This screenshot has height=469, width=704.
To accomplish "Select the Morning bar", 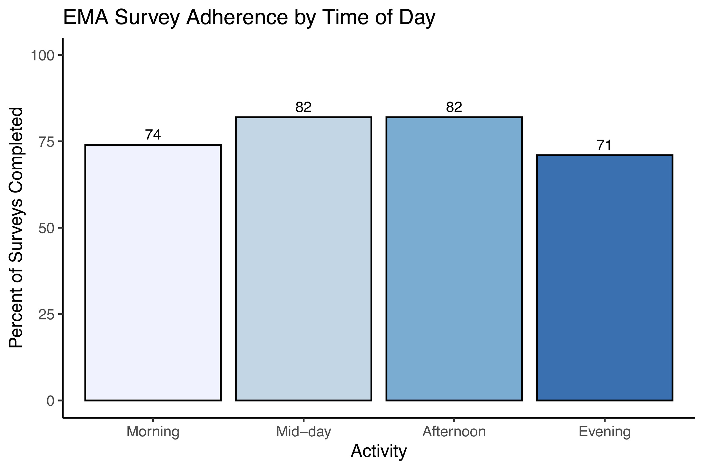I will pos(153,272).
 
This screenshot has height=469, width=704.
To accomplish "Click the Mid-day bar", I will pos(304,259).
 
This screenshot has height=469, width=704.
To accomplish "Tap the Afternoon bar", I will pos(454,259).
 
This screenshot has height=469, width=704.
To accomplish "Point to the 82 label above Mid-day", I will pos(304,107).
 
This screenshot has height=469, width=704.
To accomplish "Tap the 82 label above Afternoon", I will pos(454,107).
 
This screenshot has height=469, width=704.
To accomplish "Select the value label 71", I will pos(605,146).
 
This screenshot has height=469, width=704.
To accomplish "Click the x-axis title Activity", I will pos(379,451).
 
